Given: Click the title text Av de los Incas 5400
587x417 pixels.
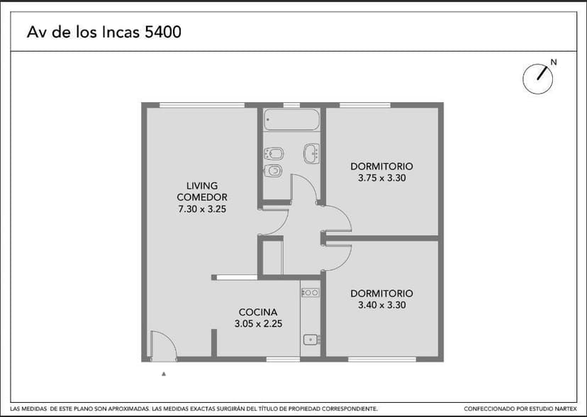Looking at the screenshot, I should click(103, 33).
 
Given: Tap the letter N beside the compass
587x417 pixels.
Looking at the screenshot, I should click(554, 62).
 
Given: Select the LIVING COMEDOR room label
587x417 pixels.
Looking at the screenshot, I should click(202, 191).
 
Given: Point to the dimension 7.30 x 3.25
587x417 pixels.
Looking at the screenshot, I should click(202, 209).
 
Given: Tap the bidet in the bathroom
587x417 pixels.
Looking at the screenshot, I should click(273, 152).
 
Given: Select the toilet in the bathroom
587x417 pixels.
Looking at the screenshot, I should click(273, 170).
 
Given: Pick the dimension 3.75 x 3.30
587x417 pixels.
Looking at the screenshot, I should click(381, 179).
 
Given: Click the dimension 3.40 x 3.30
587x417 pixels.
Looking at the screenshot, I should click(381, 306).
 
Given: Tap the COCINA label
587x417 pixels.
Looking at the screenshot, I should click(258, 312).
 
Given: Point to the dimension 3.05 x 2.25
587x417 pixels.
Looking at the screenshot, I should click(258, 324).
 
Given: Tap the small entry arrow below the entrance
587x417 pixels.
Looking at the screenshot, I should click(164, 372).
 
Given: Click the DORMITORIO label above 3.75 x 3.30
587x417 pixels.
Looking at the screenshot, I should click(381, 167).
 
